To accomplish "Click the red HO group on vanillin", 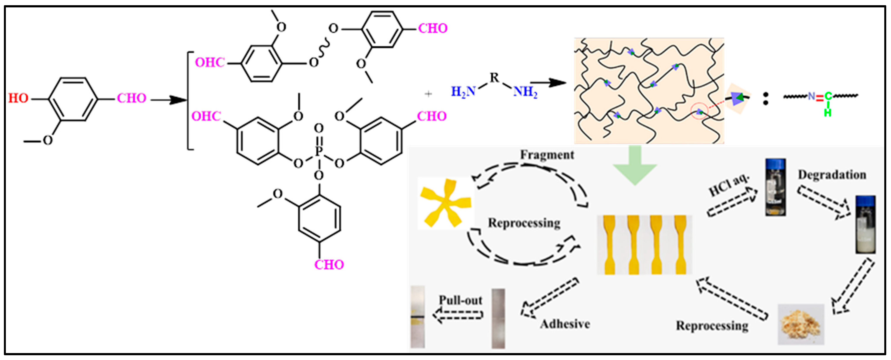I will pos(18,98).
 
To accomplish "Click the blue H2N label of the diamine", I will pos(463,92).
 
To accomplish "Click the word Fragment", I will pos(547,155).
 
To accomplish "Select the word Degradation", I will pos(832,175).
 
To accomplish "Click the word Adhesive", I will pos(565,324).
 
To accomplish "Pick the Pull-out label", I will pos(460,300).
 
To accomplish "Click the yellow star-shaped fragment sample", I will pos(445,203).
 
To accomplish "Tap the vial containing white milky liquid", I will pos(865,225).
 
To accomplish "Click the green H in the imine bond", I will pos(827,112).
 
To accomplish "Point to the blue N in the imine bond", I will pos(811,97).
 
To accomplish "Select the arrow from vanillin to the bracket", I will pos(169,100).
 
